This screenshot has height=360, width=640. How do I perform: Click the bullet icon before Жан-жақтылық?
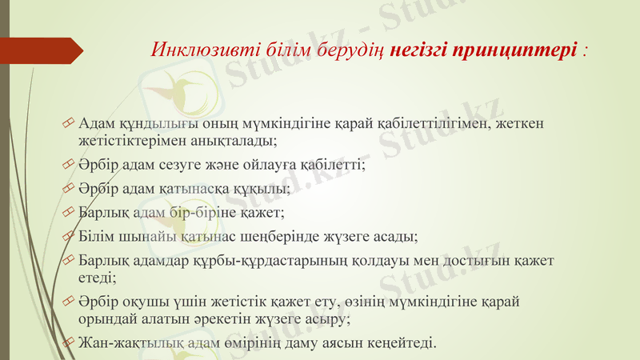click(x=70, y=344)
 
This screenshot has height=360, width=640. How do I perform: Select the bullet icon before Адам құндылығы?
click(x=70, y=124)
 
